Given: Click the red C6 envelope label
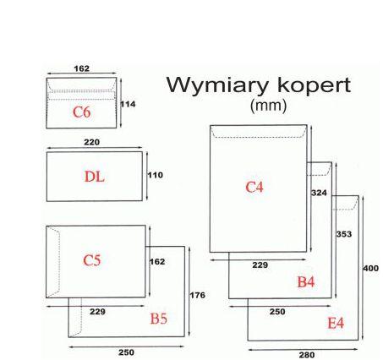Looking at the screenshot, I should [x=81, y=112].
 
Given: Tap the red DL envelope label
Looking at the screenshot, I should [x=95, y=177].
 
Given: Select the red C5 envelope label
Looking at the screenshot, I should [x=92, y=260].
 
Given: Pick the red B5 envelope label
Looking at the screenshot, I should [x=159, y=319].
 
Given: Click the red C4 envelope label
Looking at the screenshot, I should [x=254, y=187].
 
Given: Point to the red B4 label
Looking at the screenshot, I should [x=306, y=281].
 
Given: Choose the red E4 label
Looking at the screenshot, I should [x=336, y=324].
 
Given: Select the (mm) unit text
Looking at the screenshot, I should [x=269, y=106].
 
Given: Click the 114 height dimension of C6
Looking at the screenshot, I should [x=128, y=103].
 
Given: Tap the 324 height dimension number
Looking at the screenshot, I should [x=319, y=193].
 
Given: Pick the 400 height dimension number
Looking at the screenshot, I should [x=370, y=268].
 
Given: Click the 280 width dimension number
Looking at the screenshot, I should [x=306, y=355].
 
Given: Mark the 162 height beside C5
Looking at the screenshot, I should [x=156, y=262].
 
